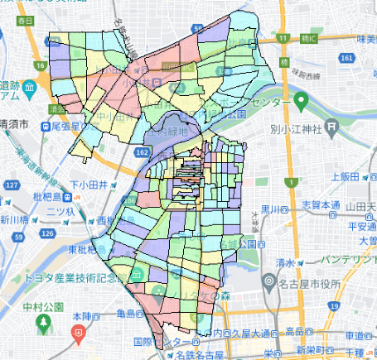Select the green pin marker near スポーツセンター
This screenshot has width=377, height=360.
(x=302, y=102)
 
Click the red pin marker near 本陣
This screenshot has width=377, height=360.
(x=79, y=334)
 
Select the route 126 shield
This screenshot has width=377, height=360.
(x=48, y=234)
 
